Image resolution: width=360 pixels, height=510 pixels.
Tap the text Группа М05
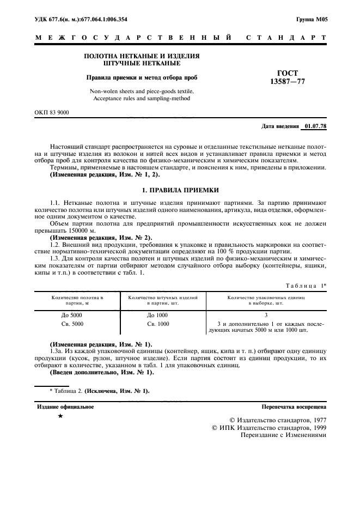[x=312, y=20]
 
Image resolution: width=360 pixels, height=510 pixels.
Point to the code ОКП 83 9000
[x=52, y=112]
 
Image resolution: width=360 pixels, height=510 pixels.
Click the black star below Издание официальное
[x=61, y=416]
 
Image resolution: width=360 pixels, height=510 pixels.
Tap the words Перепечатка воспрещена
[x=294, y=406]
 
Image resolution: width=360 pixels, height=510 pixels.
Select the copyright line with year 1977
[x=278, y=420]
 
